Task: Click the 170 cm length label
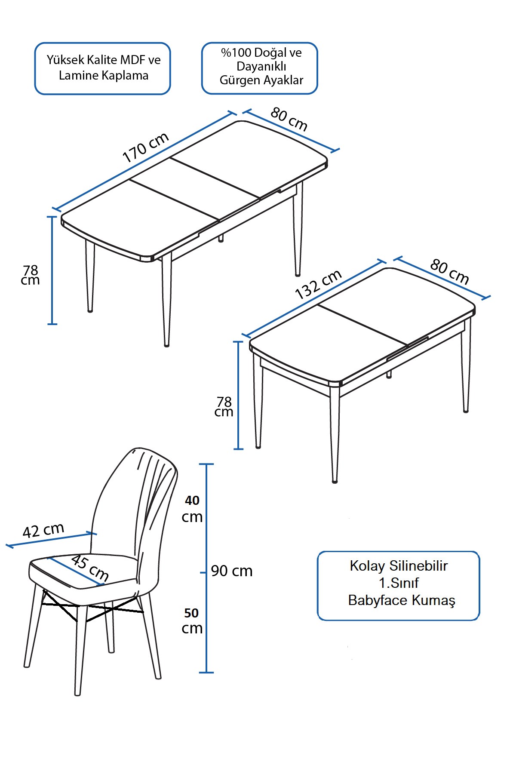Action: click(146, 147)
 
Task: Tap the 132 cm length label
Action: click(318, 284)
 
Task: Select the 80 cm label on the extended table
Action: click(289, 119)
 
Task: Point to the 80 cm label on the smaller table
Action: click(449, 271)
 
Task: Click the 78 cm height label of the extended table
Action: click(31, 275)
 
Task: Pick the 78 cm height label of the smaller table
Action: click(224, 406)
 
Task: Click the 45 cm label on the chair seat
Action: click(89, 567)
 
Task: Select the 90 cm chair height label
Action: click(232, 571)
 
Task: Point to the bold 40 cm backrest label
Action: click(192, 508)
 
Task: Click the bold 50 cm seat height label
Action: click(192, 620)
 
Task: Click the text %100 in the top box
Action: click(236, 53)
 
